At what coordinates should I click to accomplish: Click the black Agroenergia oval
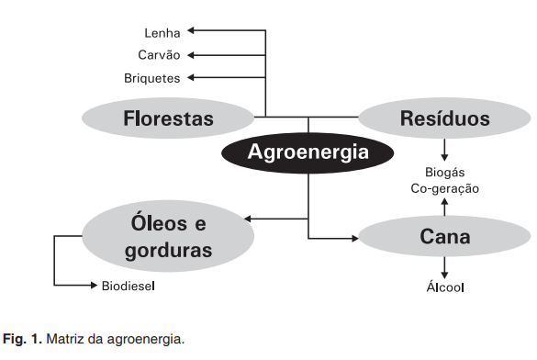tap(308, 152)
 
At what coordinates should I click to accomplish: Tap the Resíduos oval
tap(444, 118)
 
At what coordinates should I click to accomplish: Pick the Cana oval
tap(444, 237)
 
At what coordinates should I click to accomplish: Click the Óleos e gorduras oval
tap(168, 236)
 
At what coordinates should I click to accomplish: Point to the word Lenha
tap(162, 32)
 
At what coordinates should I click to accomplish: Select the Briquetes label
tap(152, 78)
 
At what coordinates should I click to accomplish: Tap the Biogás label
tap(444, 172)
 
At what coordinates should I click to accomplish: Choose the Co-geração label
tap(444, 188)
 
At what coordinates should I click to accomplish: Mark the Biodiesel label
tap(128, 287)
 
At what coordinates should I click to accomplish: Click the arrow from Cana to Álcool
tap(444, 269)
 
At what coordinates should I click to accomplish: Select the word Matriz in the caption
tap(65, 339)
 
